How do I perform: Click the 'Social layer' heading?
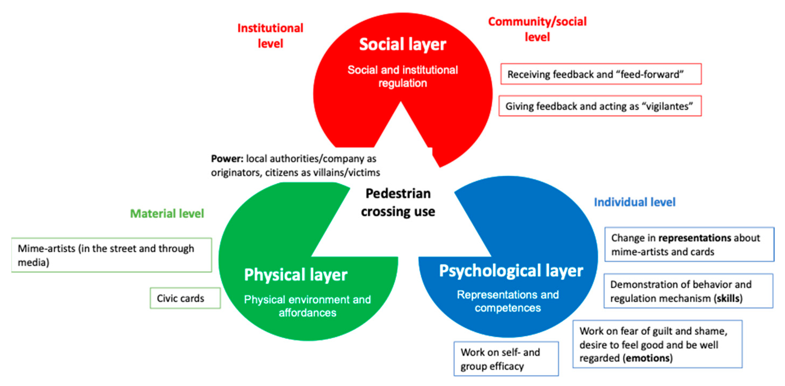click(402, 44)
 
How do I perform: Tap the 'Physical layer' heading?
click(296, 275)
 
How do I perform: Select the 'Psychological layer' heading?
click(511, 271)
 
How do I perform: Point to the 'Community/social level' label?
click(537, 29)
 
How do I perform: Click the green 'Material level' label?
click(167, 213)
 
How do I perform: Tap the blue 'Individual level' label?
click(635, 202)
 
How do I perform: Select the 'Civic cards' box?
click(185, 298)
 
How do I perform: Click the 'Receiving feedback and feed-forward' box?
click(601, 74)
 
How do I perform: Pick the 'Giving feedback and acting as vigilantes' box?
click(600, 106)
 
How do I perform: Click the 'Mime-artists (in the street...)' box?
click(112, 255)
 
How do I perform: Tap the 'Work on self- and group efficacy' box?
click(506, 359)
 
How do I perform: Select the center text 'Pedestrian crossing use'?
click(398, 203)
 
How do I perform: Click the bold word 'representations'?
click(695, 238)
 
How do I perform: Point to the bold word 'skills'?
click(728, 298)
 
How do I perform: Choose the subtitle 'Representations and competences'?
click(508, 301)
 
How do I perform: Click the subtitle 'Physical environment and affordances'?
click(307, 306)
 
